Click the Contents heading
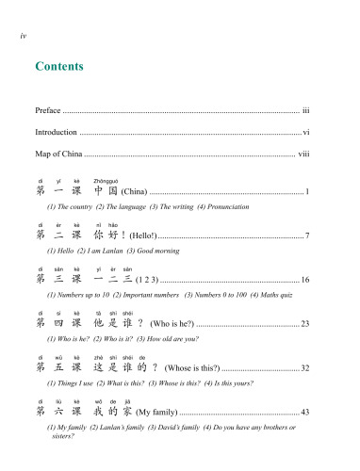pyautogui.click(x=59, y=67)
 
